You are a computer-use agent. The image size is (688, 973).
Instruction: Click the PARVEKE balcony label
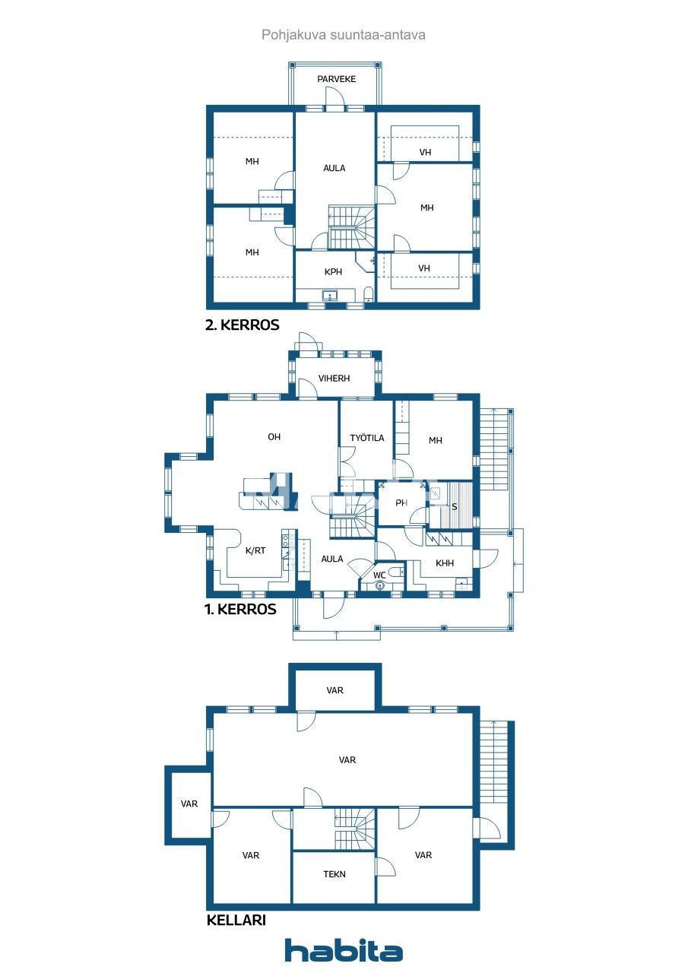pyautogui.click(x=336, y=79)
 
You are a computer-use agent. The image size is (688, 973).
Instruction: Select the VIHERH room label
pyautogui.click(x=334, y=378)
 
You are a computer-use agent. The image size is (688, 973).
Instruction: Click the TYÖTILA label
pyautogui.click(x=366, y=438)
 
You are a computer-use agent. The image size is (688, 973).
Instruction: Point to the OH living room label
pyautogui.click(x=274, y=436)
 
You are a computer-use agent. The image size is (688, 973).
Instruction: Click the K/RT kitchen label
pyautogui.click(x=255, y=551)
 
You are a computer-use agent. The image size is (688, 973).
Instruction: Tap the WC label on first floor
pyautogui.click(x=379, y=575)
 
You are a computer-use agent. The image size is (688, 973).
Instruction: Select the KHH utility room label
pyautogui.click(x=444, y=563)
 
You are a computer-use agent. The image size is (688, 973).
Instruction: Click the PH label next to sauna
pyautogui.click(x=401, y=502)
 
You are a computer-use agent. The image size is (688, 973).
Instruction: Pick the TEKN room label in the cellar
pyautogui.click(x=334, y=874)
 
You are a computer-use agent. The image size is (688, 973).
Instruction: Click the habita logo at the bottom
pyautogui.click(x=344, y=950)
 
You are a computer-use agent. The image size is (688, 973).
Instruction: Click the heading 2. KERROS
pyautogui.click(x=243, y=325)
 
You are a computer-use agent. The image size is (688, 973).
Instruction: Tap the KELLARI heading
pyautogui.click(x=236, y=921)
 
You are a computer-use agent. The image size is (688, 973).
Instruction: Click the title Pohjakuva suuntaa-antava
pyautogui.click(x=344, y=35)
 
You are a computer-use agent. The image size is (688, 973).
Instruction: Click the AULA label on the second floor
pyautogui.click(x=334, y=168)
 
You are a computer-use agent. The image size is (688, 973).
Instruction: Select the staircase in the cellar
pyautogui.click(x=355, y=829)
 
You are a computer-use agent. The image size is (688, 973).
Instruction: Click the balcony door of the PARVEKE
pyautogui.click(x=335, y=100)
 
